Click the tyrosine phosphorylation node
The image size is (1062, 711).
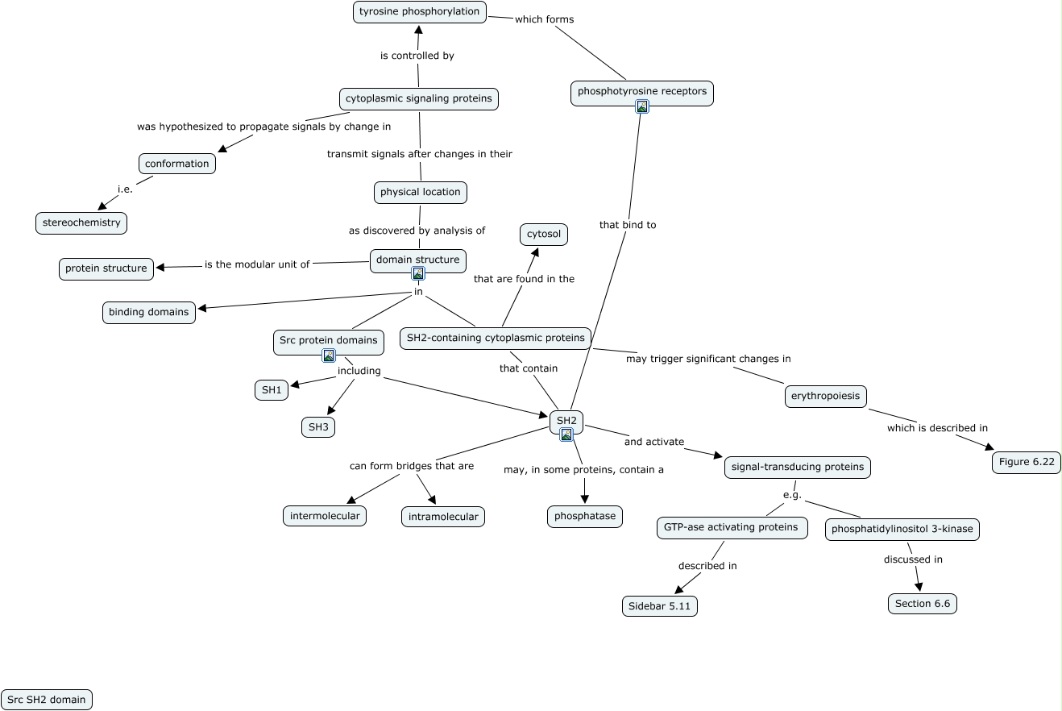(x=419, y=12)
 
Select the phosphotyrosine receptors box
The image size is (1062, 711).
(x=641, y=91)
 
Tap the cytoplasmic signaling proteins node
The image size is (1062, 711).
(x=418, y=98)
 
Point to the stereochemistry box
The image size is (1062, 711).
(x=81, y=222)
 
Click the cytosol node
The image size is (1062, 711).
(x=544, y=235)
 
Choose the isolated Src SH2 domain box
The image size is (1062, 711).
(x=46, y=700)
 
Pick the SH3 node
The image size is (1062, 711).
(x=318, y=427)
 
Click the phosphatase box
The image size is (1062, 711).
(x=585, y=516)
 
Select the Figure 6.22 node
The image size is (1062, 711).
(x=1026, y=462)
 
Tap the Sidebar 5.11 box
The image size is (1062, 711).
(x=659, y=606)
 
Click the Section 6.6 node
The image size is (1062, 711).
(x=922, y=604)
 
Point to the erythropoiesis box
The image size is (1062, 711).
(x=826, y=396)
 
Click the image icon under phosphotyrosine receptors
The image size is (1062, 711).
(x=642, y=106)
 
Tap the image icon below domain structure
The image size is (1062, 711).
(x=418, y=273)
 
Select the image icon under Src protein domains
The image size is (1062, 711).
(x=328, y=355)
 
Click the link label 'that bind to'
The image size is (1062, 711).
(x=628, y=225)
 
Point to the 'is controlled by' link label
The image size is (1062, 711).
(x=417, y=56)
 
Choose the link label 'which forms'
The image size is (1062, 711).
(x=544, y=19)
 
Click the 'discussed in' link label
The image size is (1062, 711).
(x=913, y=559)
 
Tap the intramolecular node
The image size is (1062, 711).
(x=442, y=517)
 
